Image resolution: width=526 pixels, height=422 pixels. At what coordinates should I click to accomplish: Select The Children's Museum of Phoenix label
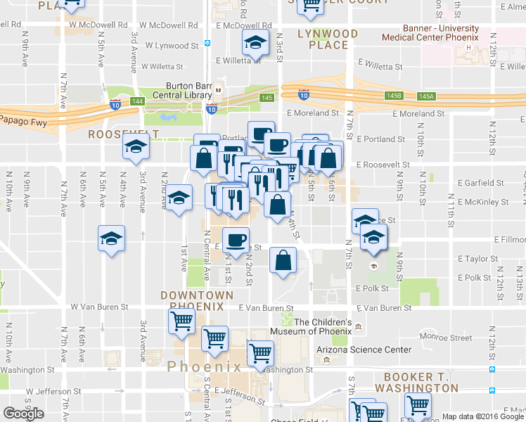322,326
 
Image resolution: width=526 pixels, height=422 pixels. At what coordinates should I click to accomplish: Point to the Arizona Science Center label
364,350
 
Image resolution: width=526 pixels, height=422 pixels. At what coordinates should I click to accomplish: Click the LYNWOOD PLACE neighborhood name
328,39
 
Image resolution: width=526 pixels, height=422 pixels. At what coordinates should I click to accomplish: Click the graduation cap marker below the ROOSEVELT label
134,148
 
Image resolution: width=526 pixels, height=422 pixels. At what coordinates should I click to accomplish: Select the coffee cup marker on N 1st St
236,241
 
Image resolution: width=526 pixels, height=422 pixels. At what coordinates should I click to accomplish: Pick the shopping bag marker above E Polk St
283,261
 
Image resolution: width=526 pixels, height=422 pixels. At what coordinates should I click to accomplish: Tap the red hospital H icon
468,48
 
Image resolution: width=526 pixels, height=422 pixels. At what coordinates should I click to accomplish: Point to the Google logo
23,414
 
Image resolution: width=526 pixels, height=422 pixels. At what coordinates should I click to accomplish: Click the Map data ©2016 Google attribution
484,416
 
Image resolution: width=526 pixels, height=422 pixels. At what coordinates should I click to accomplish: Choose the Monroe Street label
447,338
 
